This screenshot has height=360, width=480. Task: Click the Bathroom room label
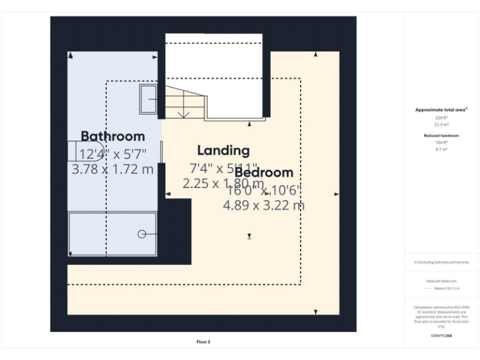112,136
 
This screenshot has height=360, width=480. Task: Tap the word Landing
223,151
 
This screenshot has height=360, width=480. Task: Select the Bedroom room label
264,172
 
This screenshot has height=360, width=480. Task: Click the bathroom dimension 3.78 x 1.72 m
112,169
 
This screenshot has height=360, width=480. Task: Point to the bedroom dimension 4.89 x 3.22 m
264,205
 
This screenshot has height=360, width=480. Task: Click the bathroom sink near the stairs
149,99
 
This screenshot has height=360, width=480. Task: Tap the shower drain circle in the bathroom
142,234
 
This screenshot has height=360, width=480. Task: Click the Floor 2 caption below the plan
203,342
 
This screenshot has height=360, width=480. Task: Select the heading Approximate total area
441,110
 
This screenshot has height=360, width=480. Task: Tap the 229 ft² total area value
441,117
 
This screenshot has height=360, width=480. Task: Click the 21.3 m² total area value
441,124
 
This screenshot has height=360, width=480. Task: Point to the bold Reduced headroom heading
441,135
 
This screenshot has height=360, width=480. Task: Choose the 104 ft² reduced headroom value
441,142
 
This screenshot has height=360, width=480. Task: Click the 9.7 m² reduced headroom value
441,149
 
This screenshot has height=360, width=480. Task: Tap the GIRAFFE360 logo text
441,336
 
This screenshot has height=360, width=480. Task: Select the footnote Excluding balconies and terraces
441,262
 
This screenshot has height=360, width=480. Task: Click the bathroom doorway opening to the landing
162,152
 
